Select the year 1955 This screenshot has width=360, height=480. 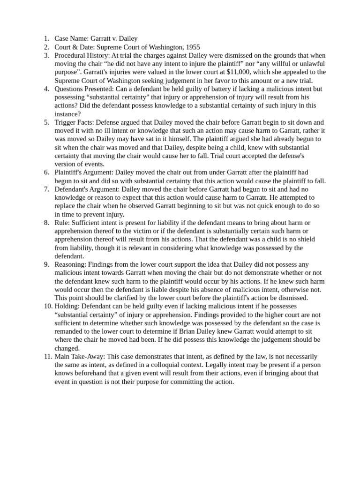pos(192,47)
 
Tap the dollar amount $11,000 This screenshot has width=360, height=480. pos(240,72)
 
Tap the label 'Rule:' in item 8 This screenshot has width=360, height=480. pos(62,223)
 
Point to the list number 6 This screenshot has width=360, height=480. pos(47,172)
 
